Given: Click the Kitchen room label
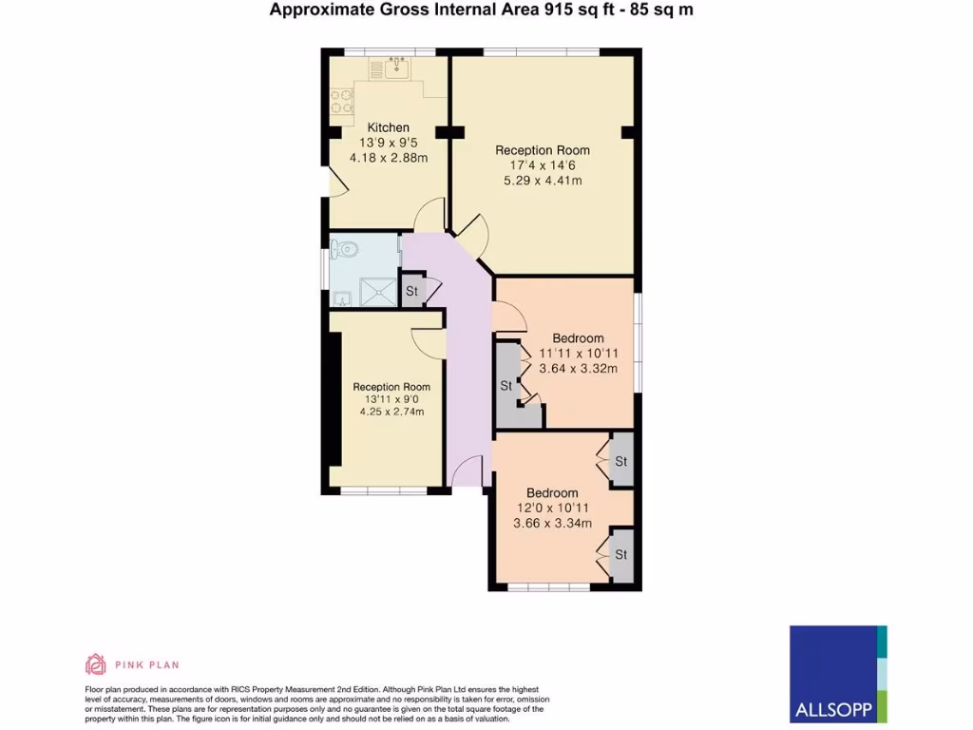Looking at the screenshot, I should (x=388, y=127).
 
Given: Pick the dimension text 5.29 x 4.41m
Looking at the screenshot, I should (x=542, y=181).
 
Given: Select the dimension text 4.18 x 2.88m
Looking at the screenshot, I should (x=388, y=157).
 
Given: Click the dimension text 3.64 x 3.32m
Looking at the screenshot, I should (x=578, y=369).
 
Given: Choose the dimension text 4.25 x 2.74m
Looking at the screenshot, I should (x=391, y=413).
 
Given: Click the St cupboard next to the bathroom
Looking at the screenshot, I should (x=412, y=291).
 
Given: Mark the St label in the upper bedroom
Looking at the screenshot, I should (x=506, y=386).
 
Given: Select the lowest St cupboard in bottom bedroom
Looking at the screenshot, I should (x=621, y=554).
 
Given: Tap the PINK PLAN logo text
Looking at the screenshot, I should (x=146, y=664).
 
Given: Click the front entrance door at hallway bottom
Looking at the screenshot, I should (x=467, y=471).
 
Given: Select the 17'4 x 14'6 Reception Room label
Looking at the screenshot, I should (x=542, y=150).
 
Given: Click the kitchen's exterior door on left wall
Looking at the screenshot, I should (x=333, y=181).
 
